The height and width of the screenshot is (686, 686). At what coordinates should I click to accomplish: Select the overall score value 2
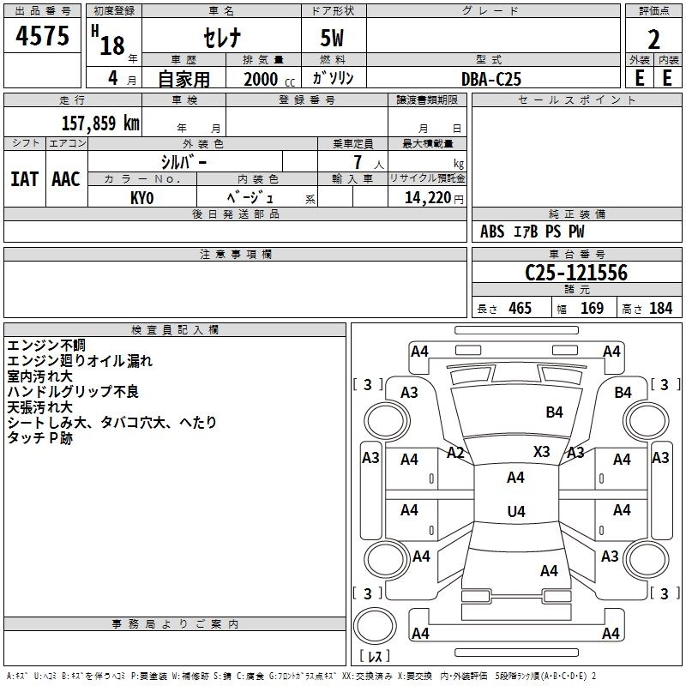pos(653,39)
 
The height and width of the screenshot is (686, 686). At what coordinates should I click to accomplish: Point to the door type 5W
pos(333,39)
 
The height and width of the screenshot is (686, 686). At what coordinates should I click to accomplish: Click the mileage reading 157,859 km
pos(100,123)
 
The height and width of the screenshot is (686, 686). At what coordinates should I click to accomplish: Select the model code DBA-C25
pos(491,79)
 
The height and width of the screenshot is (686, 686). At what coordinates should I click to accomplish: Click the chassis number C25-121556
pos(576,273)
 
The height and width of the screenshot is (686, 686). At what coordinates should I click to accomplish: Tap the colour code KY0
pos(142,197)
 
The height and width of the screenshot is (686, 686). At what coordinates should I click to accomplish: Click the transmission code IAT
pos(24,179)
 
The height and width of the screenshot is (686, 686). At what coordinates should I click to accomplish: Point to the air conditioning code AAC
pos(65,179)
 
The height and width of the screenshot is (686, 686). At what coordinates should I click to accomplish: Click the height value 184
pos(660,308)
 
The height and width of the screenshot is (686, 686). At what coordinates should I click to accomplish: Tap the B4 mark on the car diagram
pos(555,412)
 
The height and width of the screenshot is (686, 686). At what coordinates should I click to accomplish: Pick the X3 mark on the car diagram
pos(542,451)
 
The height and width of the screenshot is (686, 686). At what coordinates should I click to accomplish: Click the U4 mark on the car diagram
pos(515,512)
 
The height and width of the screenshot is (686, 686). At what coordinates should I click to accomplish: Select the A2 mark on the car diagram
pos(455,453)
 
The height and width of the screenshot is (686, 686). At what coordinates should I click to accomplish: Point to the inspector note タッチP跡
pos(40,438)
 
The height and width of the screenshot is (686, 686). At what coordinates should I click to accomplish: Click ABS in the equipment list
pos(492,232)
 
